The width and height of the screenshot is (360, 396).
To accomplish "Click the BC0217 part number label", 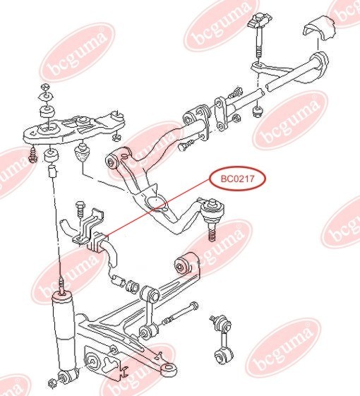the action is pos(237,179).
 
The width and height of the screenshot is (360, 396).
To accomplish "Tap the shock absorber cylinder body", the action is pos(63,331).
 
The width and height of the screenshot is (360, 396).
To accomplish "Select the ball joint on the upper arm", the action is pos(212,209).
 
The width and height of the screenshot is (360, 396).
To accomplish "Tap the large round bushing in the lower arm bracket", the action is pos(92,362).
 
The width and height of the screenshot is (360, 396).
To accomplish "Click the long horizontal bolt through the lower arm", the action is pos(180,313).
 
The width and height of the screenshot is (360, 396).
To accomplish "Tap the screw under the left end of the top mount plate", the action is pos(32,155).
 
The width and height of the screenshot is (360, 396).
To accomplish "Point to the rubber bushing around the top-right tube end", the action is pos(320,64).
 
